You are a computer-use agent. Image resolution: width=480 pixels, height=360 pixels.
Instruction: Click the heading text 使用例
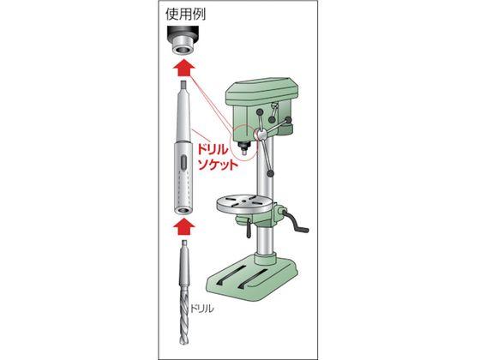[187, 15]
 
